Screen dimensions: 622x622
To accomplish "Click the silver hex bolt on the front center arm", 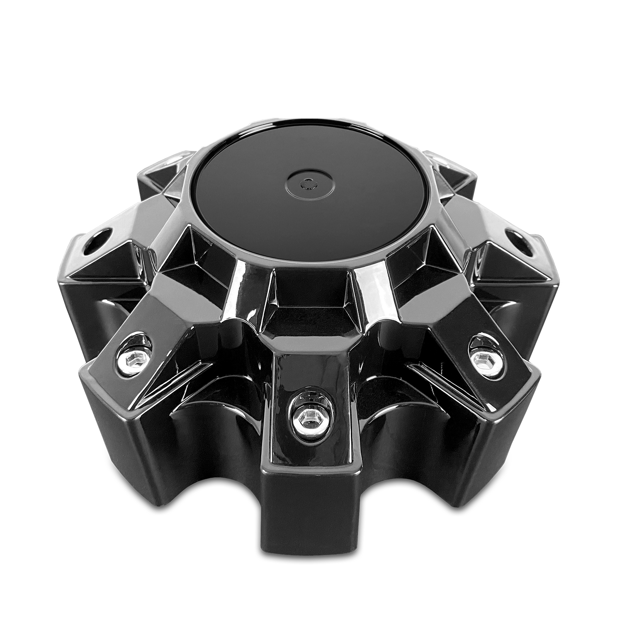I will coord(307,416).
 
